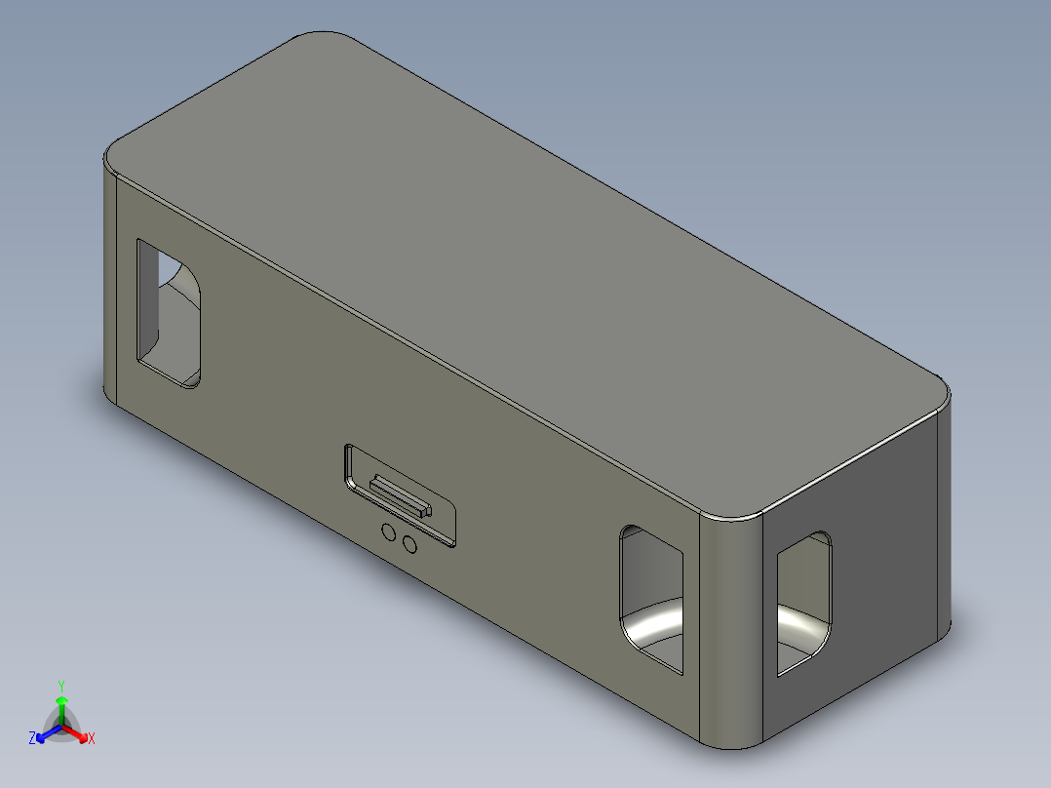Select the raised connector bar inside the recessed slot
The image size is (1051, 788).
point(398,495)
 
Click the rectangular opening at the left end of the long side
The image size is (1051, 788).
point(169,312)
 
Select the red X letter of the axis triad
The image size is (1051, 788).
point(91,739)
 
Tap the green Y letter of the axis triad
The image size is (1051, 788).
point(60,685)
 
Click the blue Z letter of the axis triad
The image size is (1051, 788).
point(32,739)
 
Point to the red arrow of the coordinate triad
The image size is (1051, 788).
point(78,734)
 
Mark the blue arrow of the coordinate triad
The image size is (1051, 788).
point(43,734)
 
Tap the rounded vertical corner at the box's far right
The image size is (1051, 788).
point(943,517)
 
